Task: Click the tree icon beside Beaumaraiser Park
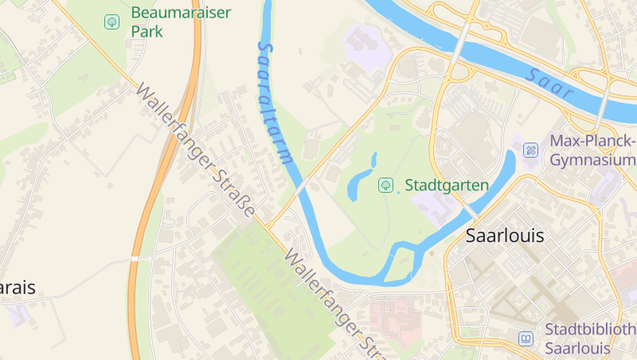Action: tap(112, 22)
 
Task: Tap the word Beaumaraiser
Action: tap(182, 13)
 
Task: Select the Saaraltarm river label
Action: tap(274, 102)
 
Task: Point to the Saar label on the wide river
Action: tap(549, 83)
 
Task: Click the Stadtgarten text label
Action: tap(446, 186)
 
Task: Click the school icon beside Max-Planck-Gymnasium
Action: tap(530, 149)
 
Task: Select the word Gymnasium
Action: tap(593, 160)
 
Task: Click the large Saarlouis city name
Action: tap(504, 236)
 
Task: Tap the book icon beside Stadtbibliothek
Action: tap(526, 338)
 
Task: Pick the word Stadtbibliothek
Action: tap(590, 330)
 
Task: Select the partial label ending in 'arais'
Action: tap(18, 288)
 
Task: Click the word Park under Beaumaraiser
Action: tap(147, 32)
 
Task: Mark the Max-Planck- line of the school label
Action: tap(593, 142)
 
